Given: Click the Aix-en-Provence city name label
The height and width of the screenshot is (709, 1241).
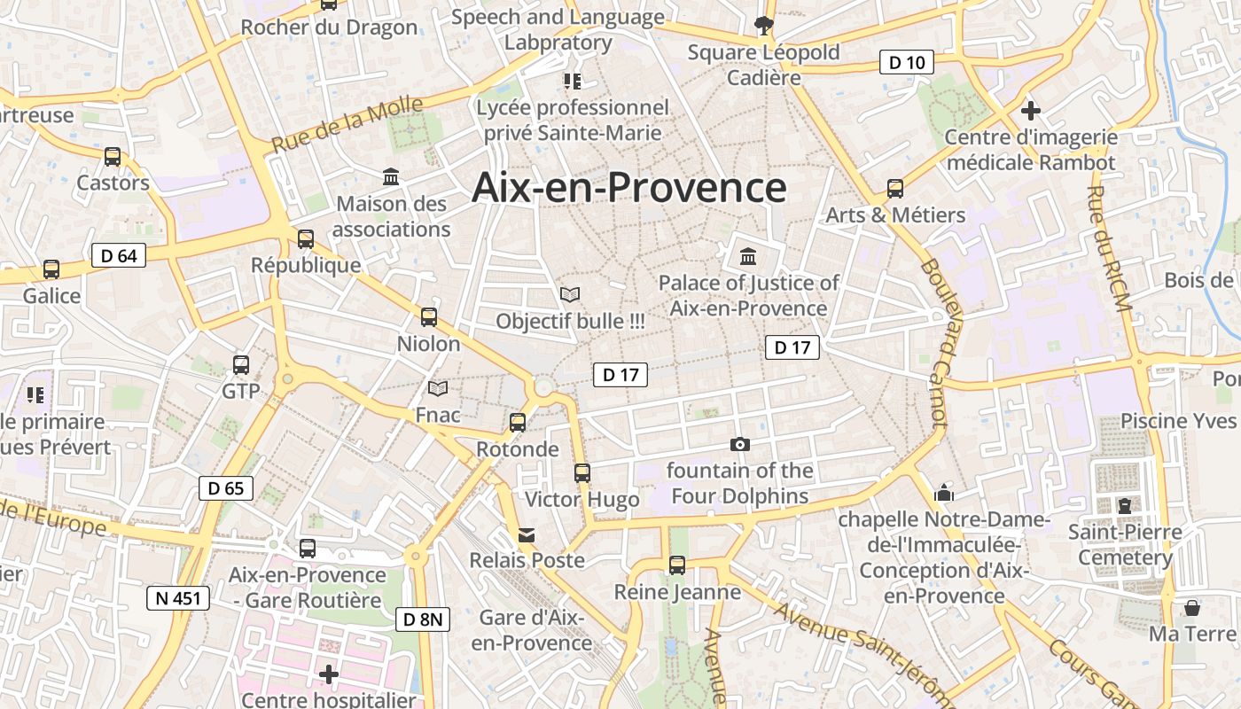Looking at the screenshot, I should tap(629, 188).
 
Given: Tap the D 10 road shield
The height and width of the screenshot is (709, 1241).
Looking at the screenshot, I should tap(907, 62).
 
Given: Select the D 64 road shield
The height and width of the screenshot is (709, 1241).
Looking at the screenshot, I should tap(119, 256).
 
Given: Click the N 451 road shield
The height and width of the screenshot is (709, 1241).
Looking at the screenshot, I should tap(178, 598).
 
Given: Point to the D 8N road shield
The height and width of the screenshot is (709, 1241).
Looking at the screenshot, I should tap(422, 619).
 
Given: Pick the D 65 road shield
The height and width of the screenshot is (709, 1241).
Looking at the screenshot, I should tap(226, 487).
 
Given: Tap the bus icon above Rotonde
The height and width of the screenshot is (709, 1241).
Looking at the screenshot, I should tap(518, 423).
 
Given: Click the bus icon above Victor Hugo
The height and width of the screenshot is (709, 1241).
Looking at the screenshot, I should tap(581, 473).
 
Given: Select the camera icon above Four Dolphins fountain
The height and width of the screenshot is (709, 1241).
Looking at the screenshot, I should tap(739, 444).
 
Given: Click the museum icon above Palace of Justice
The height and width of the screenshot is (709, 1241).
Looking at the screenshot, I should tap(748, 257).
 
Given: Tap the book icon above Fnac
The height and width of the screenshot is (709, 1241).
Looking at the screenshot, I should tap(438, 388).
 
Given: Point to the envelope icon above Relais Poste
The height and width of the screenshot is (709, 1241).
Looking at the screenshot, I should tap(527, 534).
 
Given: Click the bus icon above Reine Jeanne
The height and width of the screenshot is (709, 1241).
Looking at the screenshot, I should tap(677, 565).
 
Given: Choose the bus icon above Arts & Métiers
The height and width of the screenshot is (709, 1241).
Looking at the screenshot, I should tap(895, 189).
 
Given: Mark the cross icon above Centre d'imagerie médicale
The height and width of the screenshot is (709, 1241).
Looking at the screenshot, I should tap(1030, 111).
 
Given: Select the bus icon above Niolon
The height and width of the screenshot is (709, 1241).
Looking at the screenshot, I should tap(429, 316).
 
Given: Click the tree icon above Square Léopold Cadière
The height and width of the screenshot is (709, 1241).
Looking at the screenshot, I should tap(762, 26).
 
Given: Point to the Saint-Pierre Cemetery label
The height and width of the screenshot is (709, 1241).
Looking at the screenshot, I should tap(1125, 545).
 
